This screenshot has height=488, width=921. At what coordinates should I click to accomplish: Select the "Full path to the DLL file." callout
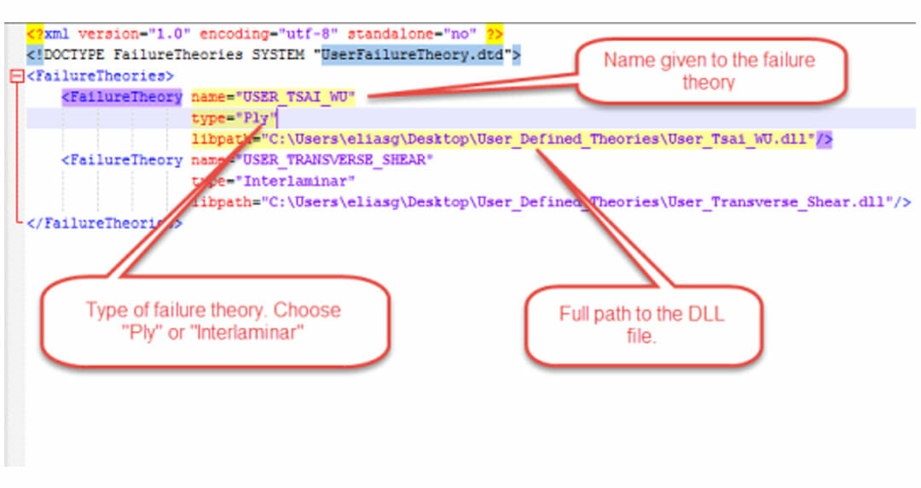(641, 325)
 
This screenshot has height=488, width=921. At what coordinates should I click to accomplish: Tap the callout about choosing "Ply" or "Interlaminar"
(212, 321)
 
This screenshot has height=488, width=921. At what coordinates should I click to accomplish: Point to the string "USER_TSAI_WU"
(298, 97)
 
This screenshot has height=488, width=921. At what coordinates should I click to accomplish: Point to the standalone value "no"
(460, 35)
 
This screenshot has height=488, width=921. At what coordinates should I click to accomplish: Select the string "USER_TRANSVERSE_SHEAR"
(338, 160)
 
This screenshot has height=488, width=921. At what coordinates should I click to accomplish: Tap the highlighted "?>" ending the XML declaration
(495, 35)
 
